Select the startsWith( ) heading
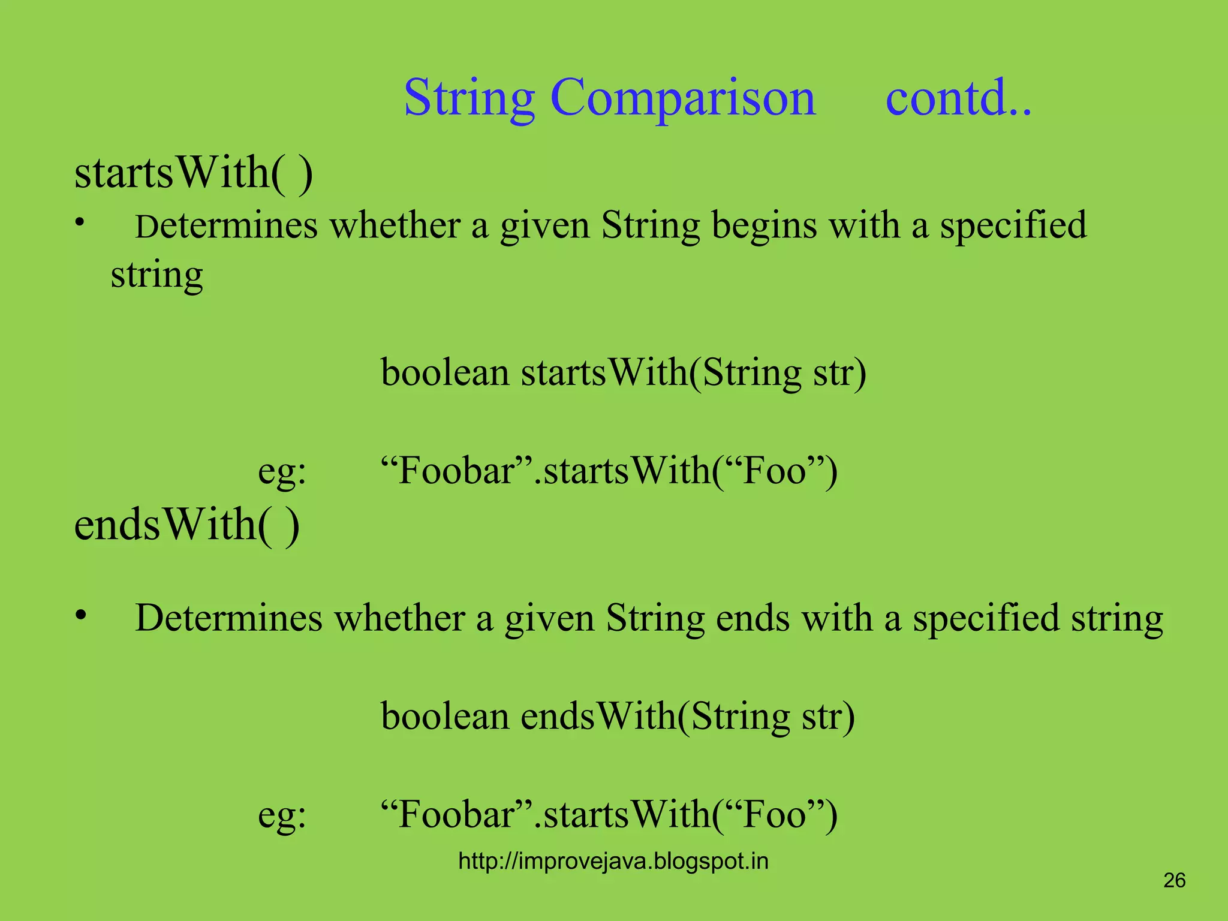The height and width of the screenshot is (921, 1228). pos(193,173)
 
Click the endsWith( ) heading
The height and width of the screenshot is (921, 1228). pos(186,524)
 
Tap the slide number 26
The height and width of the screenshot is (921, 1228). pos(1174,880)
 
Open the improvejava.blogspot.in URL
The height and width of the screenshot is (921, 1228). pos(613,861)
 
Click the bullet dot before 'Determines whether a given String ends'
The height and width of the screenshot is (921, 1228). pos(81,616)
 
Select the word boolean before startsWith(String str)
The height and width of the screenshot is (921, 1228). pos(445,372)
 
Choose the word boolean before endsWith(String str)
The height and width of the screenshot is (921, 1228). pos(445,716)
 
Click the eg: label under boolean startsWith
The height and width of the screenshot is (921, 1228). pos(282,471)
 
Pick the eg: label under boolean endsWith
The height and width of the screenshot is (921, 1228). pos(282,815)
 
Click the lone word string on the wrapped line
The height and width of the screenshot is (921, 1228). pos(157,276)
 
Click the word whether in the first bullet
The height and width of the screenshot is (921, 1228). pos(395,226)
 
